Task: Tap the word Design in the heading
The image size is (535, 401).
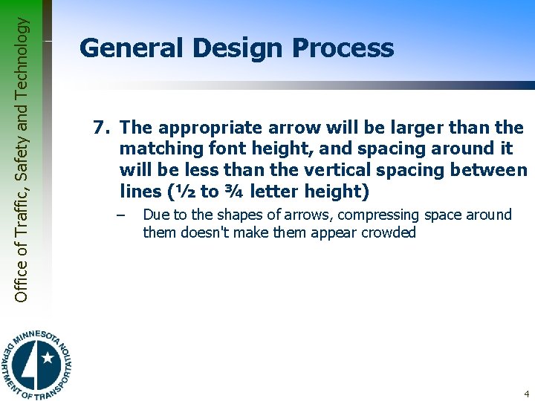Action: click(x=239, y=48)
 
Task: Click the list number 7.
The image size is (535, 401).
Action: click(x=101, y=128)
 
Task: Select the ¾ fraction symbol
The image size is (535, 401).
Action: click(x=234, y=192)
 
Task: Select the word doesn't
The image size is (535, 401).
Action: click(x=204, y=232)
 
